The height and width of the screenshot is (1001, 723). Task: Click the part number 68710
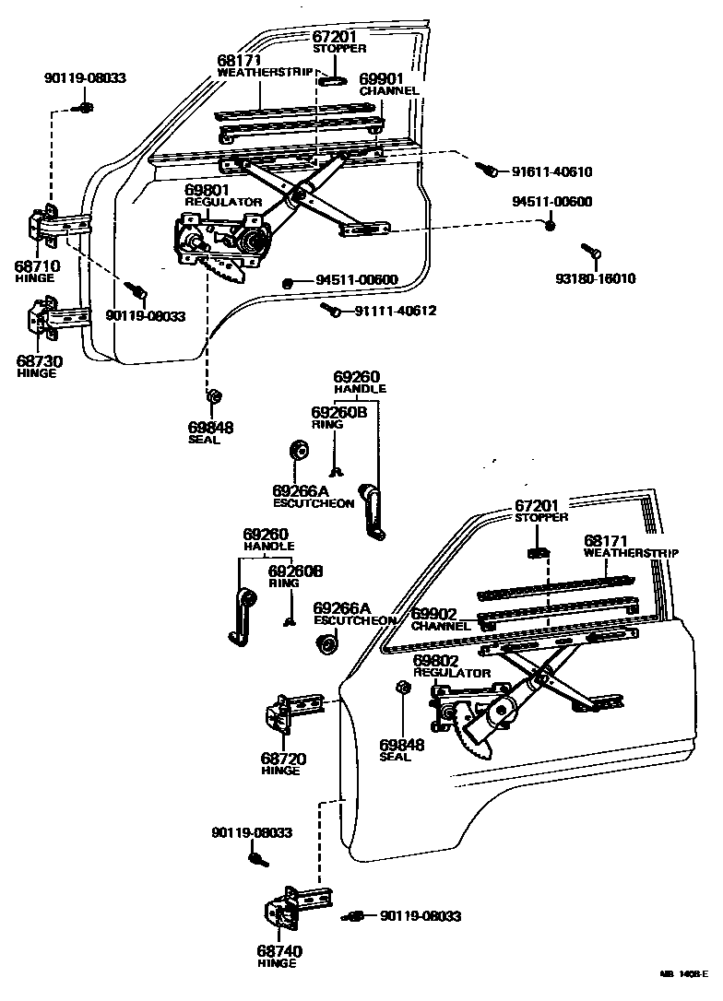tap(38, 266)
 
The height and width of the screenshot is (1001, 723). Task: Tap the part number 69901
tap(382, 80)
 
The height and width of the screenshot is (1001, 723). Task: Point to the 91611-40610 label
tap(551, 172)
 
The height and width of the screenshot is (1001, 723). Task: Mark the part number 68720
tap(283, 759)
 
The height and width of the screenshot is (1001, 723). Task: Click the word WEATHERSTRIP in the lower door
tap(631, 553)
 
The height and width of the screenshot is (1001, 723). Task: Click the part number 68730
tap(39, 361)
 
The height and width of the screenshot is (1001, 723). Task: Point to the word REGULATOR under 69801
tap(223, 202)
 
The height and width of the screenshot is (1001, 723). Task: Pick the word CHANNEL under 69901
tap(389, 91)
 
